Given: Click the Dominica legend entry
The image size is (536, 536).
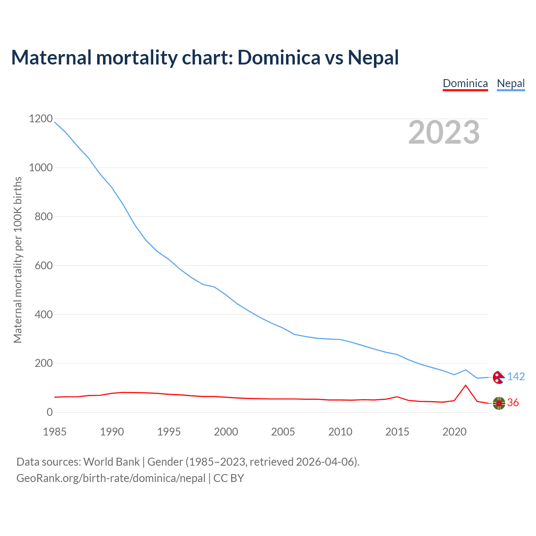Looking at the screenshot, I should (x=465, y=84).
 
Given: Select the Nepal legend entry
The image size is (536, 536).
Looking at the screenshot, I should (x=510, y=84).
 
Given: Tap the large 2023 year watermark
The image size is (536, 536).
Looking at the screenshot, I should (x=444, y=132).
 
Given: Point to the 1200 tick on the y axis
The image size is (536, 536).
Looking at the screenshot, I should (x=41, y=119).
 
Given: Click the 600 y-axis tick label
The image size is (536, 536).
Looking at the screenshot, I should (x=44, y=265).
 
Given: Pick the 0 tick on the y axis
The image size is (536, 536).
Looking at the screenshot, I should (x=50, y=412).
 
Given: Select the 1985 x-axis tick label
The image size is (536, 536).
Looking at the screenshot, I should (x=54, y=432).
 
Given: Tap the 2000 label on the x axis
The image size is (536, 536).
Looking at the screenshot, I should (x=226, y=432).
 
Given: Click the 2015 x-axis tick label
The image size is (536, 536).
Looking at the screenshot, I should (x=397, y=432).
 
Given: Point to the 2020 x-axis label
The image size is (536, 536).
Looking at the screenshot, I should (x=454, y=432).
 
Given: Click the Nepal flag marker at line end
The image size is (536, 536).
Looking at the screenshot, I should (x=498, y=377).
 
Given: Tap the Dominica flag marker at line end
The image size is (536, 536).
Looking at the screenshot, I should (x=499, y=403).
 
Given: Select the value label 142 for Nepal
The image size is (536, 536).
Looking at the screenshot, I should (x=516, y=377).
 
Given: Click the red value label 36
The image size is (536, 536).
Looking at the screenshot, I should (x=513, y=403).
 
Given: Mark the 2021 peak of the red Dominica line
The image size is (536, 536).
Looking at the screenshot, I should (x=466, y=385).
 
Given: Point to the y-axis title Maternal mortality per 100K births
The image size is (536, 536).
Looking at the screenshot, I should (x=18, y=260).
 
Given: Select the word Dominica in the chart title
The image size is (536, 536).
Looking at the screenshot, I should (x=279, y=57).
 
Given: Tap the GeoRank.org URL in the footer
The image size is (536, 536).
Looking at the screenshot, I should (x=111, y=478).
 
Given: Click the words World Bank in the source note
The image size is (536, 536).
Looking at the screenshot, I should (x=111, y=462).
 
